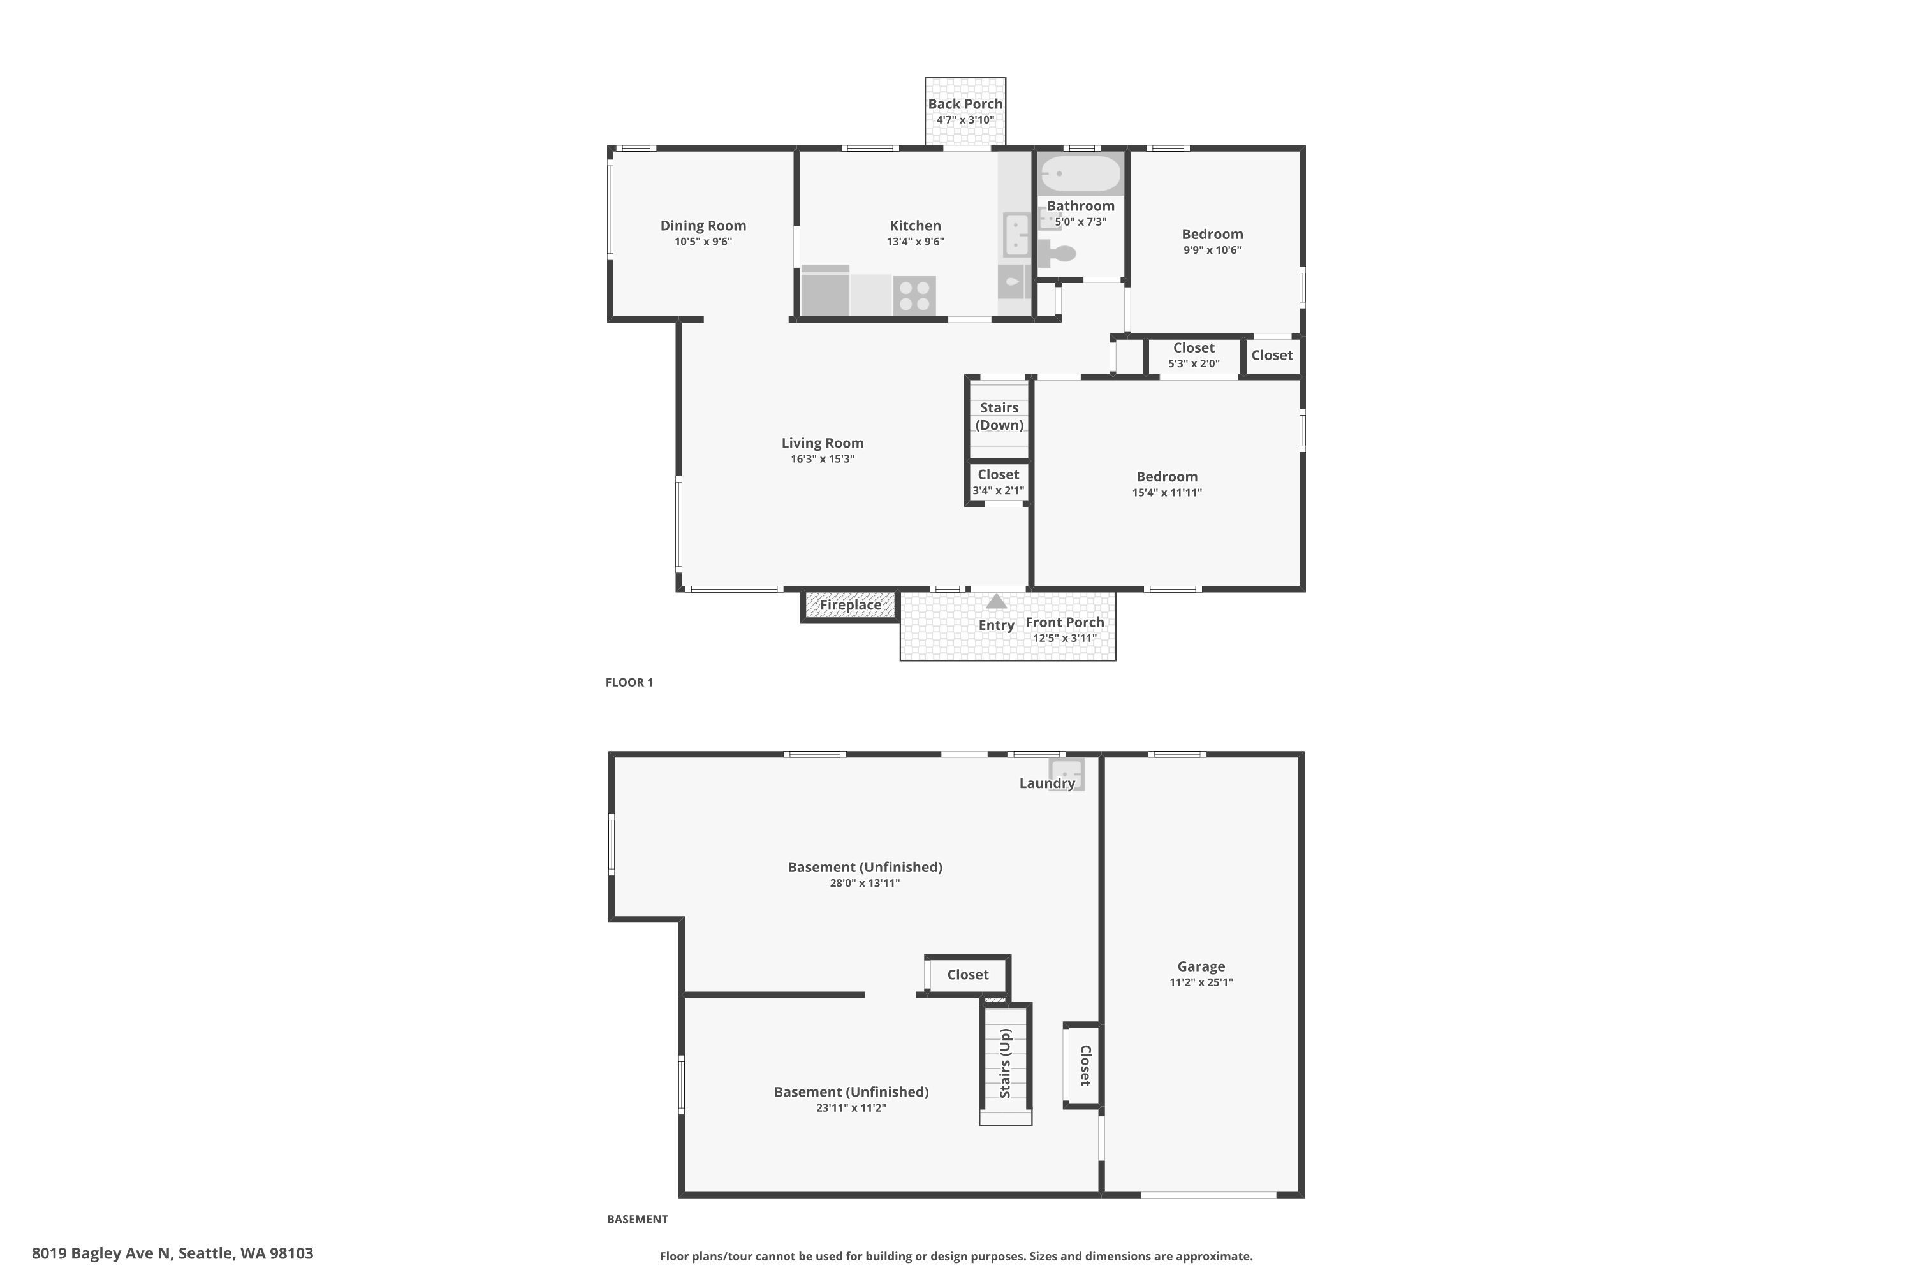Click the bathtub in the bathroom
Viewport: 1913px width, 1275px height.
click(x=1081, y=173)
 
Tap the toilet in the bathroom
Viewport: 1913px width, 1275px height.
click(x=1057, y=254)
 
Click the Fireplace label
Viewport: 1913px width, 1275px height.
click(x=851, y=605)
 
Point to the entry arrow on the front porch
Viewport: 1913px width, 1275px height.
click(x=996, y=602)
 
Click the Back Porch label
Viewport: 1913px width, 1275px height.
click(x=965, y=104)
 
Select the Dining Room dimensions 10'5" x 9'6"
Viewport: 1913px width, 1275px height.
click(x=703, y=242)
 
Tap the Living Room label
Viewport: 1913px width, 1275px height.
click(x=823, y=443)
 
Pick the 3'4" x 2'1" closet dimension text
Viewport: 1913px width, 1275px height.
click(x=998, y=490)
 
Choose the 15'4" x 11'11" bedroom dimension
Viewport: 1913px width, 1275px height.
click(x=1167, y=492)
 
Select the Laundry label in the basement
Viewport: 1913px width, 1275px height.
click(x=1048, y=783)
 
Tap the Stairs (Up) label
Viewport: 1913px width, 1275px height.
click(x=1006, y=1063)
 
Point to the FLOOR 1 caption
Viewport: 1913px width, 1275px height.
click(x=629, y=682)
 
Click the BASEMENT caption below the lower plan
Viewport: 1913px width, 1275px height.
click(x=638, y=1219)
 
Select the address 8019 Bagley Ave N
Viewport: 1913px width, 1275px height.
click(x=101, y=1253)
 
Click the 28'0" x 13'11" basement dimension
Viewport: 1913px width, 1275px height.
click(x=865, y=883)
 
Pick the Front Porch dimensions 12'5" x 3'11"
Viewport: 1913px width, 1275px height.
click(x=1065, y=638)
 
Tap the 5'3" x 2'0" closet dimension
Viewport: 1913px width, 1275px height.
click(x=1194, y=363)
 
